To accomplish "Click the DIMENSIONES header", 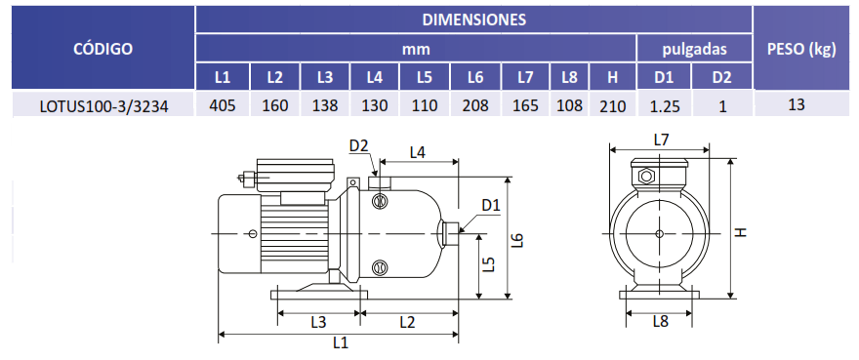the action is tap(473, 20).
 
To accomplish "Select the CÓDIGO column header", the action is tap(103, 49).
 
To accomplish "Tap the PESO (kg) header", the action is tap(801, 50).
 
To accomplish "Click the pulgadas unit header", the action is tap(694, 50).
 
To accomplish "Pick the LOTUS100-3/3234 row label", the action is tap(104, 106).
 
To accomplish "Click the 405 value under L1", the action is tap(223, 105).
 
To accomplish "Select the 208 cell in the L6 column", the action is tap(475, 105).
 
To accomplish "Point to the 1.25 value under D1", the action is tap(664, 105).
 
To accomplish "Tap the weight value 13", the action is tap(797, 104).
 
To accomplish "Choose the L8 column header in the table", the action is tap(569, 78).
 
